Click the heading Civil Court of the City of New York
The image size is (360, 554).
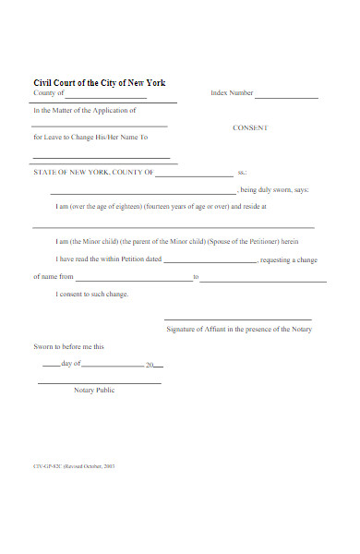click(99, 83)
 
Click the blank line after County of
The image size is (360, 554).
click(106, 97)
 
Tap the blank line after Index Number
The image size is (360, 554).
click(286, 97)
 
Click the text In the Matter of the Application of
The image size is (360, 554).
click(84, 111)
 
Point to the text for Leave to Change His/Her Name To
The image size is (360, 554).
click(90, 137)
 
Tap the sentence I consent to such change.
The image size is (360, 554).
click(92, 295)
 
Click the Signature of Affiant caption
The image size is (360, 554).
click(239, 330)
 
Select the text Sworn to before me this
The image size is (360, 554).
click(68, 347)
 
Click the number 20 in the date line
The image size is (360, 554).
click(150, 366)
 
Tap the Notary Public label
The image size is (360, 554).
click(94, 391)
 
